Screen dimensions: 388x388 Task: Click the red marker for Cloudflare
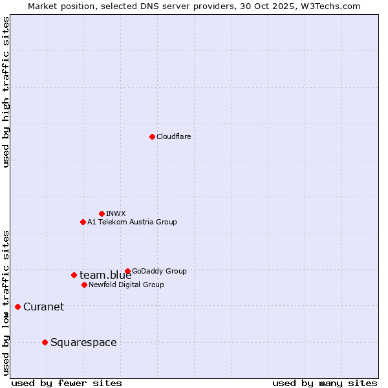152,136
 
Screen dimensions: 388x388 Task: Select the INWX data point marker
102,213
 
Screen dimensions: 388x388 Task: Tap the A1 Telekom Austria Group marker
83,222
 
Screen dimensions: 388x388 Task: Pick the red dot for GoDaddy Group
127,271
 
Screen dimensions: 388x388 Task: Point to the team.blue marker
74,275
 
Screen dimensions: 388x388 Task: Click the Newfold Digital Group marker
84,285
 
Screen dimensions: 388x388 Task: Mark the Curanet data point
17,307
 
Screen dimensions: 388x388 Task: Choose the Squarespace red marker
45,342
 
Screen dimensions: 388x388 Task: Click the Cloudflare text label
173,136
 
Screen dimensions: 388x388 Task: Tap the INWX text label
116,213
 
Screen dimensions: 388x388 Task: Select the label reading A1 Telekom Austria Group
132,222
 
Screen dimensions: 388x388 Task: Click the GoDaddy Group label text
159,271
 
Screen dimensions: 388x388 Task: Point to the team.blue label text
105,275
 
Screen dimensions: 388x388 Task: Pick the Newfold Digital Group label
126,285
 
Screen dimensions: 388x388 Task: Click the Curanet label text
43,307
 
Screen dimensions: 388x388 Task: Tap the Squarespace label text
83,343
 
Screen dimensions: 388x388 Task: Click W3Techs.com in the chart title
330,6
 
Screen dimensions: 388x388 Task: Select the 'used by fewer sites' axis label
67,383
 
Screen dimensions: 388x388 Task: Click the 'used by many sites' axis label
325,383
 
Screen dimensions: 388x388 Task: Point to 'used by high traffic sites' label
6,92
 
